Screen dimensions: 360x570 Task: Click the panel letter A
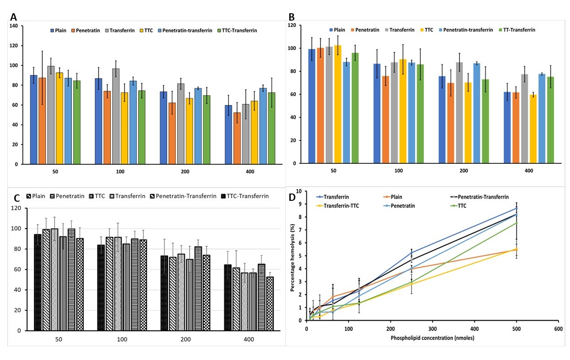tap(14, 17)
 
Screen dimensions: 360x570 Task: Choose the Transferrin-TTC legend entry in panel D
tap(341, 205)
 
